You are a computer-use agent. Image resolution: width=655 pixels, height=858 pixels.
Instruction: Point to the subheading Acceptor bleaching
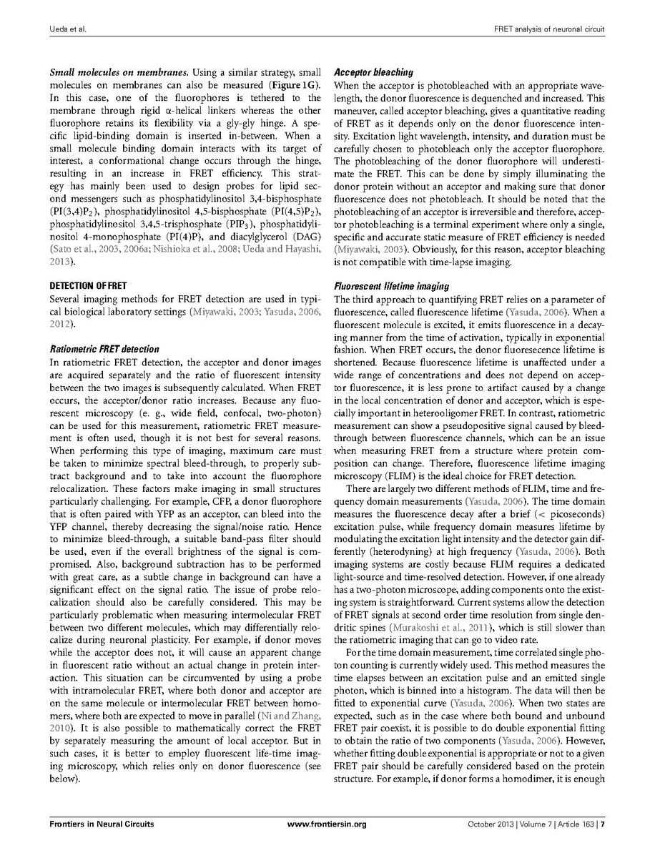point(374,72)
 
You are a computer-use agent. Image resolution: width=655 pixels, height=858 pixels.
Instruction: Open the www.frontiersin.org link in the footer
point(327,824)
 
